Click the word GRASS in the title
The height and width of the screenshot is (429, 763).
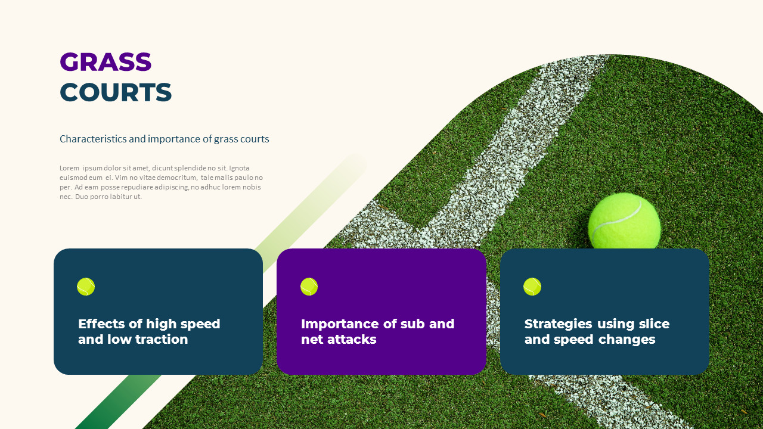pyautogui.click(x=106, y=62)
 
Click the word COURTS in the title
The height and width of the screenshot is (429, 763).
pyautogui.click(x=116, y=92)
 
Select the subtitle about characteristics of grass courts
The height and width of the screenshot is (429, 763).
pyautogui.click(x=164, y=139)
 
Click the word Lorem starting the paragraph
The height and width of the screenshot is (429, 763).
pyautogui.click(x=69, y=168)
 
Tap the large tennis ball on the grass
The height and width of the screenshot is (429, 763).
pyautogui.click(x=624, y=221)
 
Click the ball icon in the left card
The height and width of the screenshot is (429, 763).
pyautogui.click(x=86, y=287)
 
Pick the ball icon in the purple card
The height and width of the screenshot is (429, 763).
pyautogui.click(x=309, y=287)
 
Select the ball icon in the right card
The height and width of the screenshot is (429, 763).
pyautogui.click(x=532, y=287)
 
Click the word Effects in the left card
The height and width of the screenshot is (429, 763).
pyautogui.click(x=102, y=324)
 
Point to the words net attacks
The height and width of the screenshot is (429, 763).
pyautogui.click(x=339, y=340)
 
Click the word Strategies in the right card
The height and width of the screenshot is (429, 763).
pyautogui.click(x=559, y=324)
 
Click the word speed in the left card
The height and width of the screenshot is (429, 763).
pyautogui.click(x=200, y=324)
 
